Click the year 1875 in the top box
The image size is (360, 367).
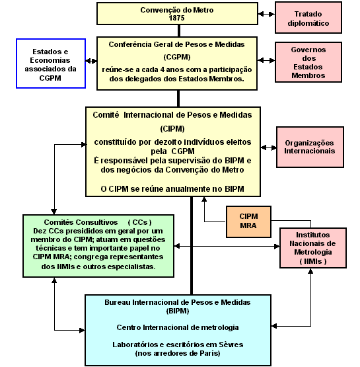177,18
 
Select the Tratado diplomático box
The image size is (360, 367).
308,18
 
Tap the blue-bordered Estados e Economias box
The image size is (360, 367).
51,63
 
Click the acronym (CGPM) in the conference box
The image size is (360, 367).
177,57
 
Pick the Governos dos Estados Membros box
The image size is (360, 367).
308,62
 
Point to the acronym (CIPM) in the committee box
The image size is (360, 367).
172,128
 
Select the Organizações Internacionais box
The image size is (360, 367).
310,147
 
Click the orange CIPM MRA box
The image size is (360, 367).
248,222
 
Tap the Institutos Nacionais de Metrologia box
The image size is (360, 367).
313,248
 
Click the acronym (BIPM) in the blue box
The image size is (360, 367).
178,311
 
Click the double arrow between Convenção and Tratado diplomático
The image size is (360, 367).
266,15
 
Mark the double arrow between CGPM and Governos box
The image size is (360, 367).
266,60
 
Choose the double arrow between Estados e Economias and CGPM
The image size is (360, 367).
91,61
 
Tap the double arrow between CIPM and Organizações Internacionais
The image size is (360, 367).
269,147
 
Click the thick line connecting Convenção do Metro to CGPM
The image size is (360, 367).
179,30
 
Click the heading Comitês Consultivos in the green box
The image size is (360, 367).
81,222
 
